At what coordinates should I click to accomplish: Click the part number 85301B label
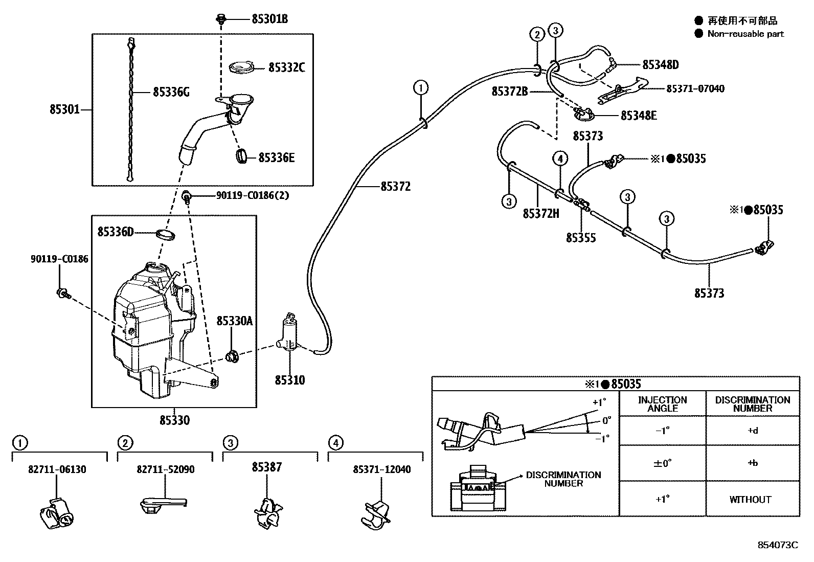(x=269, y=19)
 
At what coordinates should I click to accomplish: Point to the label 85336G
(x=171, y=92)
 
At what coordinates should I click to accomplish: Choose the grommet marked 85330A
(x=232, y=355)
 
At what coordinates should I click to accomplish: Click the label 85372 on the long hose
(x=395, y=187)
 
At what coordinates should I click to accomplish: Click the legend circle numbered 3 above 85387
(x=230, y=443)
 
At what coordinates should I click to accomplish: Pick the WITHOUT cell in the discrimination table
(x=750, y=500)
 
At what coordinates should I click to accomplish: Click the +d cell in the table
(x=752, y=431)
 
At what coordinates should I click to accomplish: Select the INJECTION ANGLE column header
(x=662, y=404)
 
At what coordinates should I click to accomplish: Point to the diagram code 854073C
(x=777, y=545)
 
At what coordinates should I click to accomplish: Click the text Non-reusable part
(x=745, y=34)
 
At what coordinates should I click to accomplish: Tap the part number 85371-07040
(x=695, y=89)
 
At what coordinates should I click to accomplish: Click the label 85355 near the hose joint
(x=581, y=238)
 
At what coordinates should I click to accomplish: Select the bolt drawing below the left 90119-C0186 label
(x=63, y=293)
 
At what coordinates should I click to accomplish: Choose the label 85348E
(x=638, y=116)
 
